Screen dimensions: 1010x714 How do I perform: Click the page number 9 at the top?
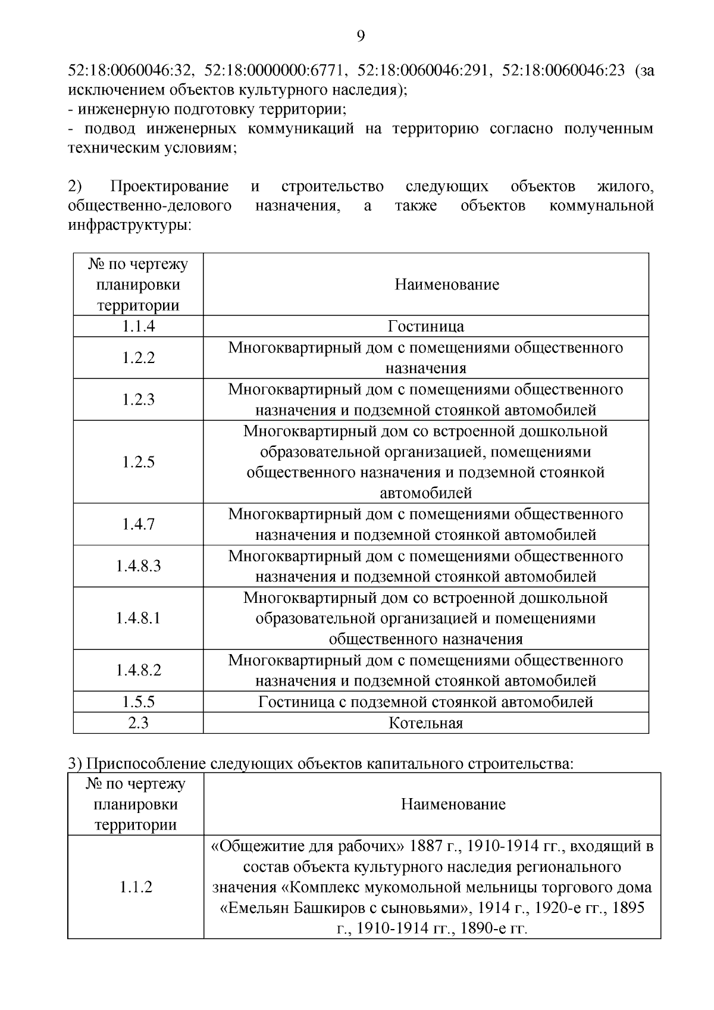coord(361,36)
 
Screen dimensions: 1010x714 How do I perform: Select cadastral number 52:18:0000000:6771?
coord(275,70)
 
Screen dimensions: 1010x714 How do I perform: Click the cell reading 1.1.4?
coord(139,326)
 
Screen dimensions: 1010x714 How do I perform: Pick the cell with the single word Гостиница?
coord(425,326)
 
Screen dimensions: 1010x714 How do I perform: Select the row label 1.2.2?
coord(139,358)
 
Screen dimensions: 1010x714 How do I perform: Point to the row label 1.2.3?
coord(139,399)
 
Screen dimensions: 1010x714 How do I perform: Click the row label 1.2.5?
coord(139,462)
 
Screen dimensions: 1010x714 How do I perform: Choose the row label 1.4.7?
coord(139,524)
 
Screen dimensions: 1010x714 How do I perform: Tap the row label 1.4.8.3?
coord(139,566)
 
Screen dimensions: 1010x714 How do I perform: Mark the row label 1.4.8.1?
coord(139,618)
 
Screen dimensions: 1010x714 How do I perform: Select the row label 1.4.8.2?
coord(139,670)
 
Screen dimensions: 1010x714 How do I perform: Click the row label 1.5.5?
coord(139,702)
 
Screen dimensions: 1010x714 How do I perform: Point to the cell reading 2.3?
coord(139,723)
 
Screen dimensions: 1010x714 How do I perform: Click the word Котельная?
coord(425,723)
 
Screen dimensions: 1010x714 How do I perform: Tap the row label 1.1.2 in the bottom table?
coord(136,887)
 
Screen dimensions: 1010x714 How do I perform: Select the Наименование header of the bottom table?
coord(453,805)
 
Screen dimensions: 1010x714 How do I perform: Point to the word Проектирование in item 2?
coord(170,187)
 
